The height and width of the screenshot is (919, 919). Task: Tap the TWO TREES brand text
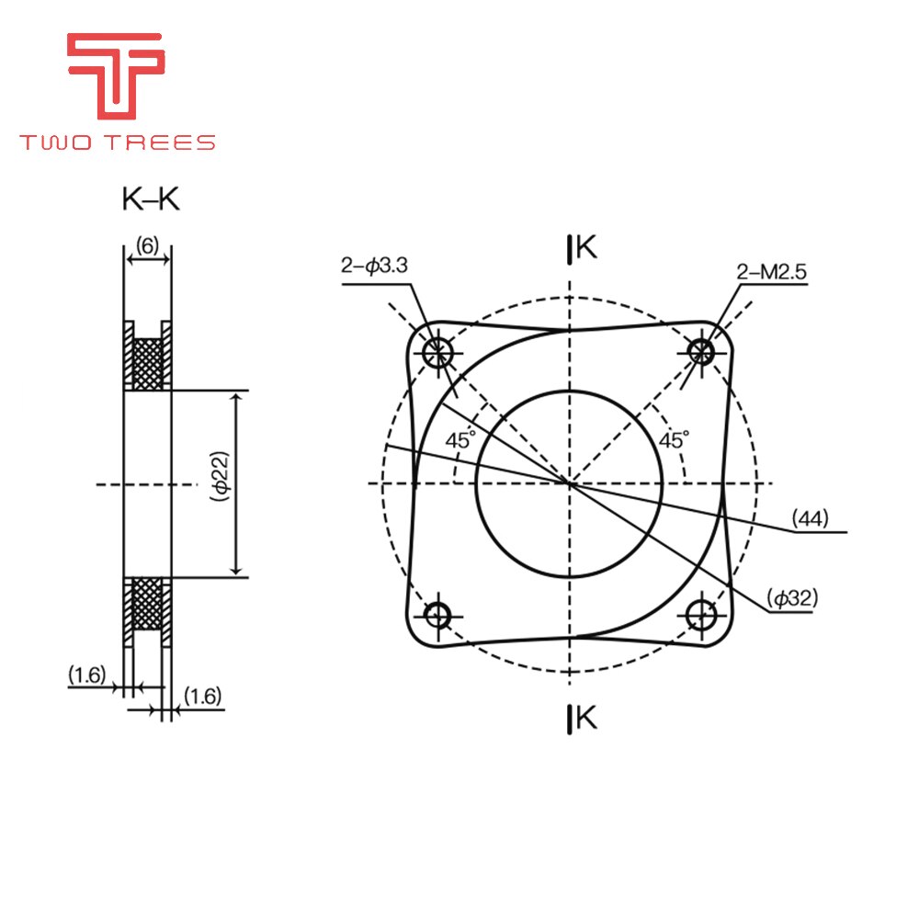(x=118, y=142)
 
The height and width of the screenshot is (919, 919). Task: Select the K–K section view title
(x=151, y=199)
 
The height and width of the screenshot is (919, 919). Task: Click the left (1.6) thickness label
(x=86, y=675)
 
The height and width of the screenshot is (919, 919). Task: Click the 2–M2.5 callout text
(x=771, y=271)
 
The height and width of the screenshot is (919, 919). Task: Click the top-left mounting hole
(x=438, y=350)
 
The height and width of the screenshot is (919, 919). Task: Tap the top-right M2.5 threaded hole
(x=701, y=350)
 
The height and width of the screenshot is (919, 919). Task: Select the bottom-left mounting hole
(x=438, y=613)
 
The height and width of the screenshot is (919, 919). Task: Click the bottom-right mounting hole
(x=701, y=613)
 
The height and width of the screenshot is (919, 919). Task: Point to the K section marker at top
(x=584, y=247)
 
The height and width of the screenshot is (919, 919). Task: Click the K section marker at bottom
(x=584, y=718)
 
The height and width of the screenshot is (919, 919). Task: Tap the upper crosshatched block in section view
(x=147, y=362)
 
